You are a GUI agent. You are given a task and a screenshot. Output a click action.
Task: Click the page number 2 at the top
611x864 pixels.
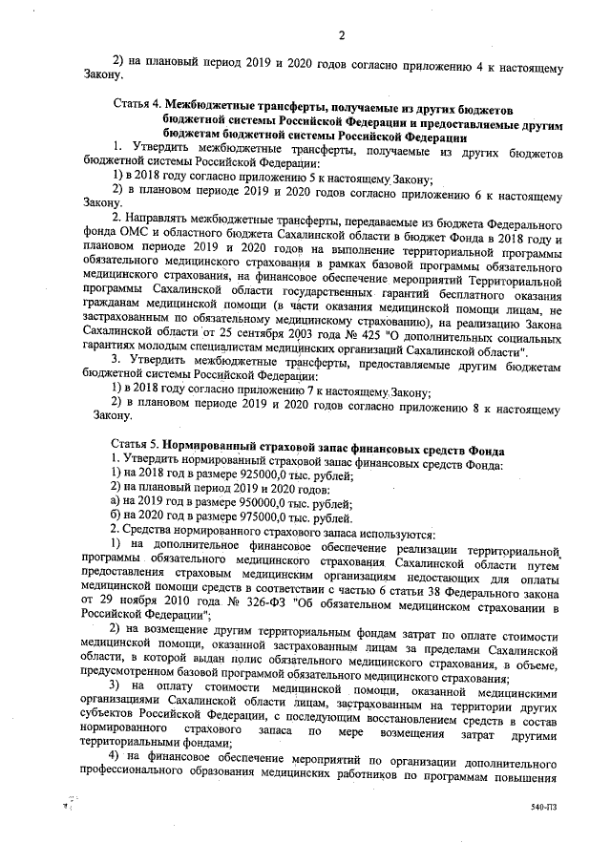340,36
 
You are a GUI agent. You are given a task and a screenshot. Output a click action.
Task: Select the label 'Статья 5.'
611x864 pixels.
136,448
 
